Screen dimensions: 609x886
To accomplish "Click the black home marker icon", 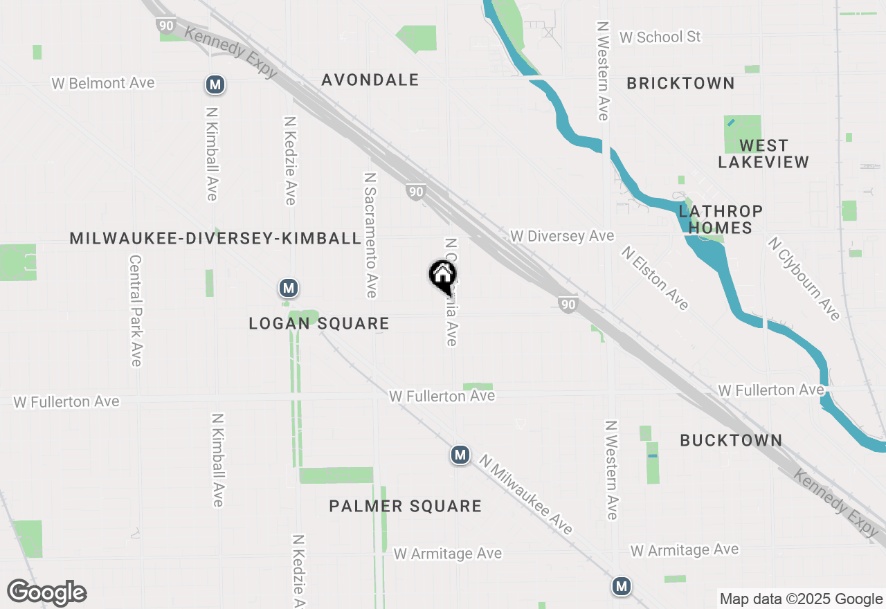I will pyautogui.click(x=442, y=277).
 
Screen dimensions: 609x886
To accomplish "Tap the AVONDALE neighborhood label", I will pyautogui.click(x=370, y=80).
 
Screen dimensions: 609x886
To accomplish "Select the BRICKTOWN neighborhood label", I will pyautogui.click(x=680, y=84).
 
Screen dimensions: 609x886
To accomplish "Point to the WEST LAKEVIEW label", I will pyautogui.click(x=763, y=154).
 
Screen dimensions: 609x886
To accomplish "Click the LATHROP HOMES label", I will pyautogui.click(x=721, y=219).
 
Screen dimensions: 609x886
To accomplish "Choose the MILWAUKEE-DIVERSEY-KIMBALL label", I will pyautogui.click(x=215, y=239).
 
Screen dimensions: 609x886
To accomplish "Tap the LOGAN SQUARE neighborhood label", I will pyautogui.click(x=319, y=324).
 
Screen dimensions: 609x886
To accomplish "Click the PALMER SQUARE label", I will pyautogui.click(x=405, y=507).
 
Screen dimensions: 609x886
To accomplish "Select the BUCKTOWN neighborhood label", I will pyautogui.click(x=731, y=441).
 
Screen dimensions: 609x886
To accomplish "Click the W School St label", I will pyautogui.click(x=660, y=37).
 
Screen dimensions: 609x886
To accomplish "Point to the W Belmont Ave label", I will pyautogui.click(x=103, y=84).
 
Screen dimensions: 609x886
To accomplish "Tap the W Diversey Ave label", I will pyautogui.click(x=562, y=237).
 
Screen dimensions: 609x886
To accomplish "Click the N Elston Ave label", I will pyautogui.click(x=654, y=278).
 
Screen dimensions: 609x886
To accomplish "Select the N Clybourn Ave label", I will pyautogui.click(x=803, y=279).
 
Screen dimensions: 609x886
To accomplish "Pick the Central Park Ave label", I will pyautogui.click(x=135, y=311).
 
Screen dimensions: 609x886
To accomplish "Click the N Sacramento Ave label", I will pyautogui.click(x=370, y=235).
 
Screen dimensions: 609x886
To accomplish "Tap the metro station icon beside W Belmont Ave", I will pyautogui.click(x=215, y=85).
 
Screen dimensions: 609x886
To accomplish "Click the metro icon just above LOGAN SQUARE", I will pyautogui.click(x=289, y=288).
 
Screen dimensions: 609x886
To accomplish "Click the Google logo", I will pyautogui.click(x=47, y=593).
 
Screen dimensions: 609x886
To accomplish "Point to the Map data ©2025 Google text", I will pyautogui.click(x=801, y=599).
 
